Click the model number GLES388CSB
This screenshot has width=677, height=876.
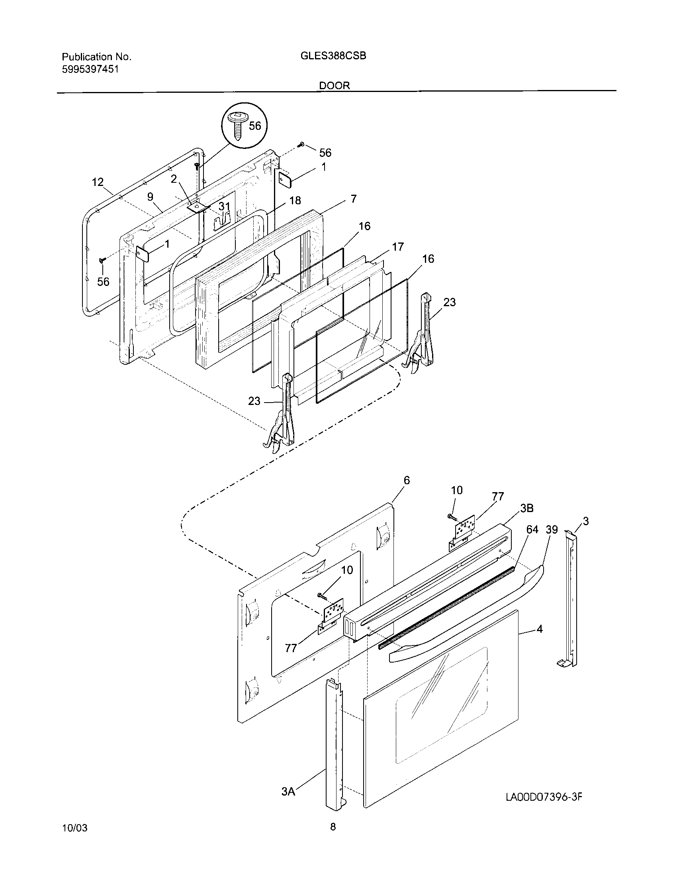333,56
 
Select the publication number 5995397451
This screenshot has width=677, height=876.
90,69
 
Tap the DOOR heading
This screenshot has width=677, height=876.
335,86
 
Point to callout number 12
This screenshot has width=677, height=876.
98,182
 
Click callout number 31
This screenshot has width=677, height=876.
225,207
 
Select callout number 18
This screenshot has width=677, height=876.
295,201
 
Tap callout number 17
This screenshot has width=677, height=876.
398,247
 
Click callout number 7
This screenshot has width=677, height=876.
353,199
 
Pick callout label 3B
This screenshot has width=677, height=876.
527,508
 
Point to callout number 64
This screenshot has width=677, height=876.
532,530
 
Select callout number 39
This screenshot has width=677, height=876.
552,530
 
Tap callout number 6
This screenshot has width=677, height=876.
407,480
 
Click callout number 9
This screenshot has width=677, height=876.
151,197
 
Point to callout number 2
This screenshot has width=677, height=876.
174,179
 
